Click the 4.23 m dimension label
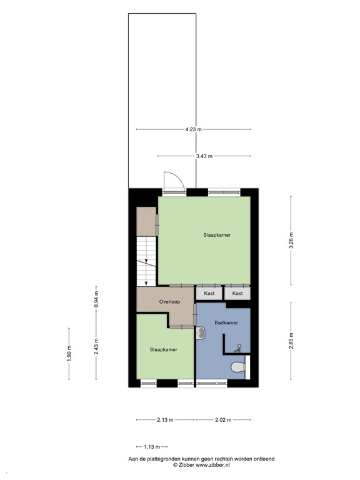pyautogui.click(x=194, y=129)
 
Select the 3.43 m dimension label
pyautogui.click(x=204, y=156)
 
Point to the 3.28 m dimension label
pyautogui.click(x=291, y=240)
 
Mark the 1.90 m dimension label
pyautogui.click(x=69, y=354)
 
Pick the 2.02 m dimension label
pyautogui.click(x=222, y=420)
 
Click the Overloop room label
pyautogui.click(x=169, y=301)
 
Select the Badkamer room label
pyautogui.click(x=226, y=322)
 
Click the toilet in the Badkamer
pyautogui.click(x=238, y=367)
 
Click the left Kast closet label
pyautogui.click(x=209, y=292)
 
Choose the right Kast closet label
pyautogui.click(x=237, y=292)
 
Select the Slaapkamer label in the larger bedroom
pyautogui.click(x=217, y=235)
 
